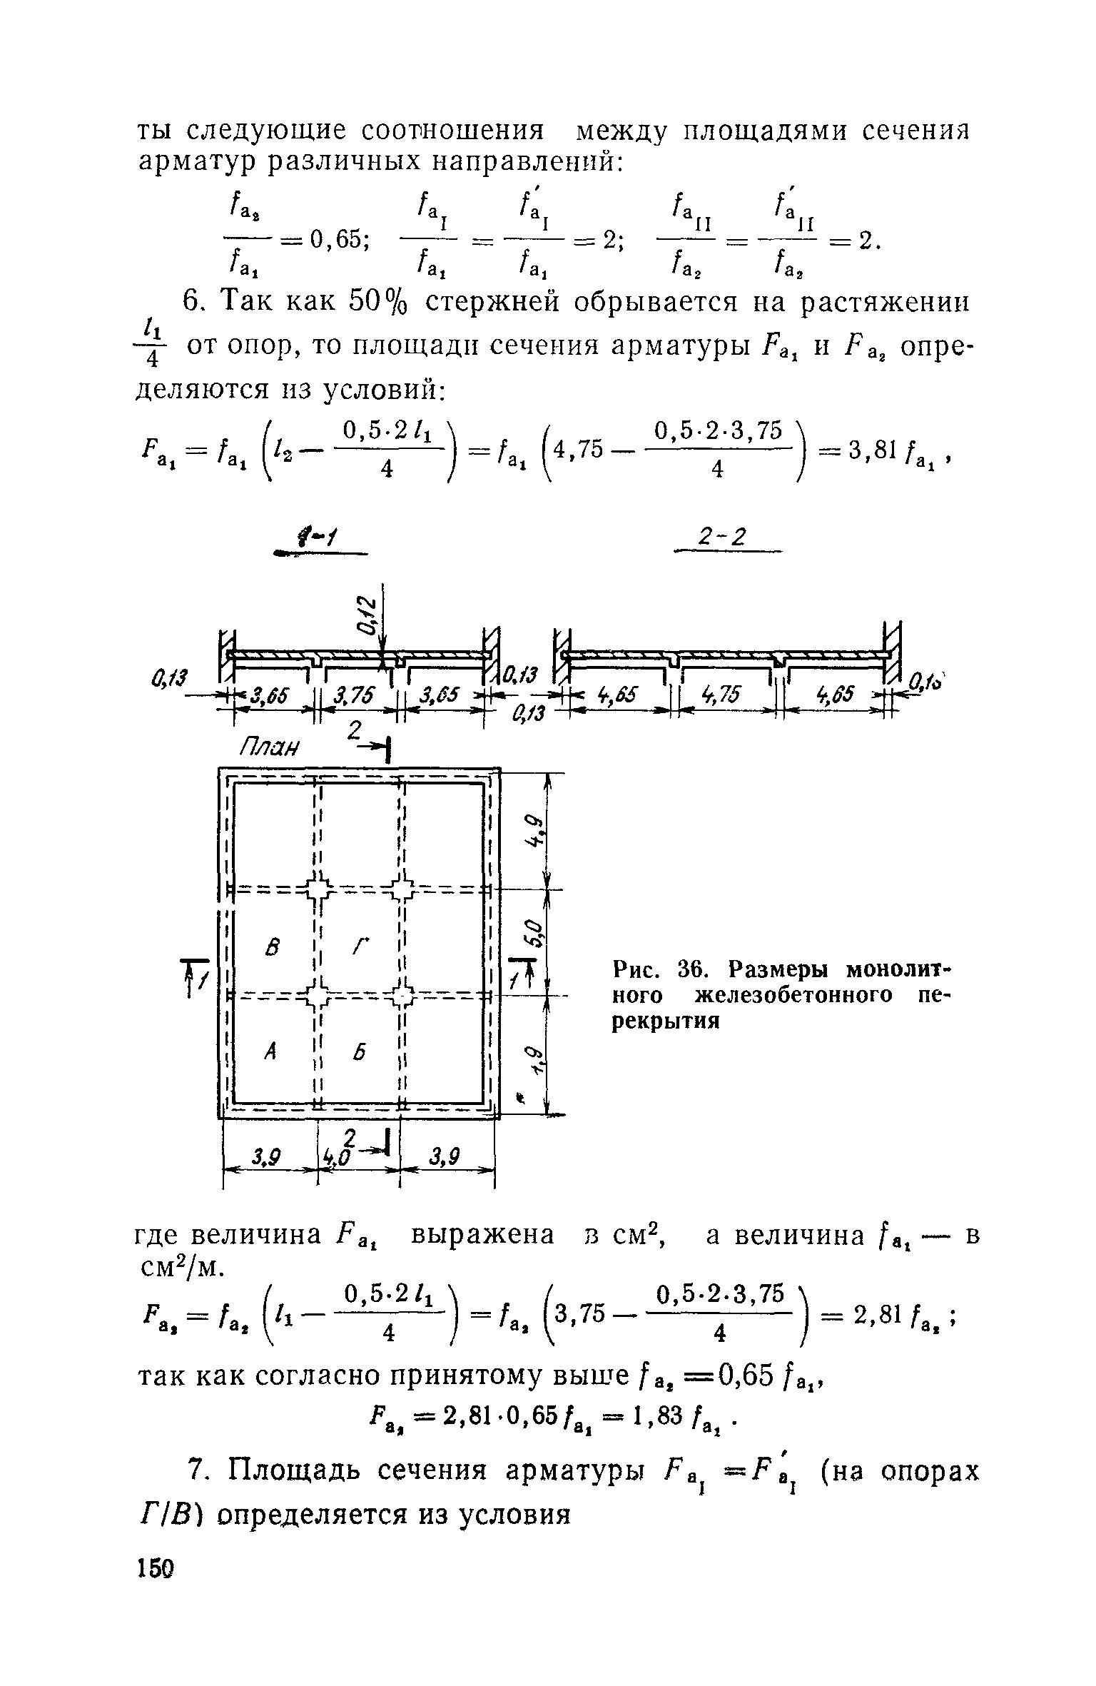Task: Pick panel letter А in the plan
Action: (x=269, y=1051)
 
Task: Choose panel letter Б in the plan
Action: (x=359, y=1051)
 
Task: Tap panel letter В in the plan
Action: (x=270, y=948)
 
